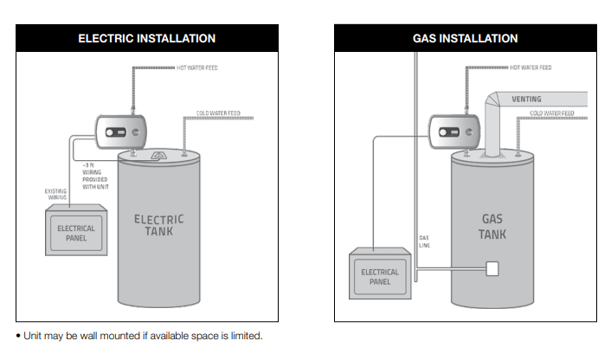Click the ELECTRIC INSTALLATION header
[x=147, y=38]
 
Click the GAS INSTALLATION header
[x=465, y=38]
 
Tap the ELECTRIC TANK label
[x=158, y=226]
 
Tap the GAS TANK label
[x=492, y=227]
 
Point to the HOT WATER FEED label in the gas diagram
[x=531, y=67]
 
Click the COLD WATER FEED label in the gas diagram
[x=551, y=113]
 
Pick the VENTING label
[x=526, y=100]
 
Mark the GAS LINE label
[x=424, y=241]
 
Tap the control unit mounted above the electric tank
[x=118, y=133]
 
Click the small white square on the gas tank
[x=493, y=268]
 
